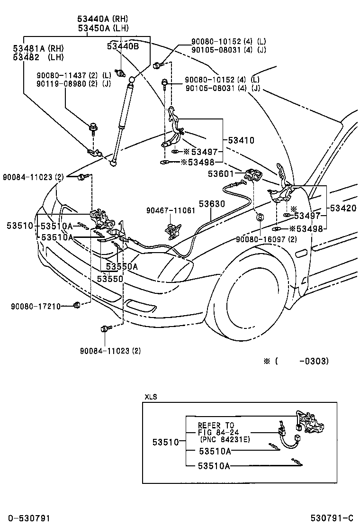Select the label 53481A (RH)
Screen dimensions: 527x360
[x=38, y=48]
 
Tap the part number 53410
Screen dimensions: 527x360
[x=241, y=140]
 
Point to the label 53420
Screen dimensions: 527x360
[x=342, y=208]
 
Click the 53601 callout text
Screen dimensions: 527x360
[x=221, y=174]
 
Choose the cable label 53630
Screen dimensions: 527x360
[x=212, y=203]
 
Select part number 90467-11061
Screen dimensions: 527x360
[x=171, y=210]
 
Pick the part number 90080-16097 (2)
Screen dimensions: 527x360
[x=266, y=239]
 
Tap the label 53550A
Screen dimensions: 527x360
[x=122, y=266]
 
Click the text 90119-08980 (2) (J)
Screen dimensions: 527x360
[x=74, y=83]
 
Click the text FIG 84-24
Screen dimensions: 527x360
[x=216, y=432]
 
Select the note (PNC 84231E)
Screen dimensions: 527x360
[x=223, y=439]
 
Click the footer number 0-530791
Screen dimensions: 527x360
[x=29, y=518]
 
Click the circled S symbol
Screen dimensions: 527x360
[x=260, y=217]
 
